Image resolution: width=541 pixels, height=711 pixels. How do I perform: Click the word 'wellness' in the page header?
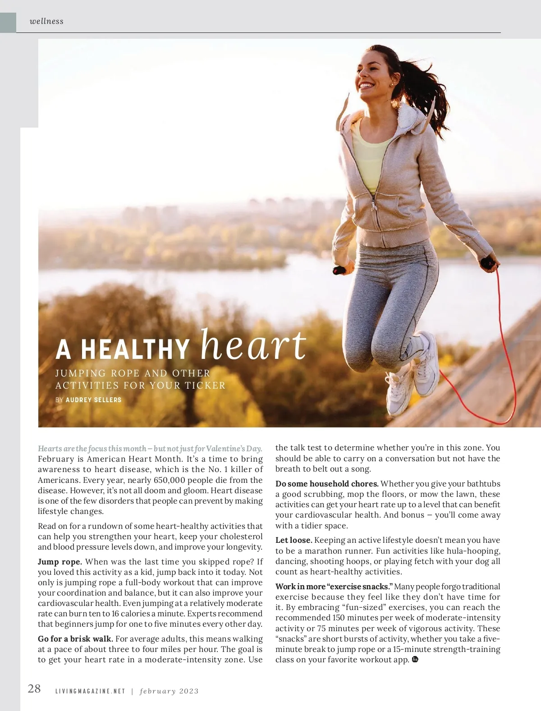click(46, 21)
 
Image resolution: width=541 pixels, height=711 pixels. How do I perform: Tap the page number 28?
click(34, 688)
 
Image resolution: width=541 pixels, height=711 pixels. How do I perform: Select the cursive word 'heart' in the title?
click(253, 345)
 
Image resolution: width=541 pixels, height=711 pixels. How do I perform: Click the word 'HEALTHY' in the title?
click(135, 349)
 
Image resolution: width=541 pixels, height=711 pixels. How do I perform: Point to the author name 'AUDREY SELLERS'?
click(93, 400)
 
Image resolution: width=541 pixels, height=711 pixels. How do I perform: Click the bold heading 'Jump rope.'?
click(60, 562)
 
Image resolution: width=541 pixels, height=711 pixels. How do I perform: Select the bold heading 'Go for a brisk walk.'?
click(75, 639)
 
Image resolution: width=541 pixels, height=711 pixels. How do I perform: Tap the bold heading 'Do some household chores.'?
click(327, 484)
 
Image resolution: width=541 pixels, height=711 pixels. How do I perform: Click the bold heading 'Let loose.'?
click(293, 540)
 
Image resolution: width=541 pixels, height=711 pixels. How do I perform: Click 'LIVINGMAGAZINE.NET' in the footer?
click(90, 691)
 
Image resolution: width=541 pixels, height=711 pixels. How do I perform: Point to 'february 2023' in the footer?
click(169, 691)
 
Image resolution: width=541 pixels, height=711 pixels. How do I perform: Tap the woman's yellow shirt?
click(370, 158)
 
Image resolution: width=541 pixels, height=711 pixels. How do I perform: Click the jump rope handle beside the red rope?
click(488, 262)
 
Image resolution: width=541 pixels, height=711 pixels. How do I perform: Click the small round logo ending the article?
click(415, 660)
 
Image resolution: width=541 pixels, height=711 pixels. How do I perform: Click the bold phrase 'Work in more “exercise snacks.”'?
click(334, 587)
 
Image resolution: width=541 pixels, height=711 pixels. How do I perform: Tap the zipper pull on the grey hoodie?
click(374, 205)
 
